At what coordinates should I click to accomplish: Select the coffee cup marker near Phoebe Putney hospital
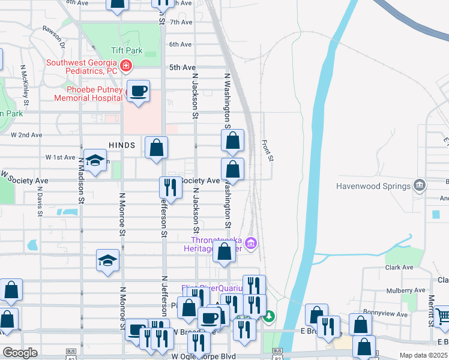click(139, 91)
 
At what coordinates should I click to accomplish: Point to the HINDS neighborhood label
click(124, 145)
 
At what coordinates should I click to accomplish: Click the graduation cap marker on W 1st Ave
click(95, 160)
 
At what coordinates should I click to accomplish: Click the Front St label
click(268, 151)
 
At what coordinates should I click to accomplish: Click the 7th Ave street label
click(181, 22)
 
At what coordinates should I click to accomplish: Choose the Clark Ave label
click(400, 268)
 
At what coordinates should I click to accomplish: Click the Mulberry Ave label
click(394, 290)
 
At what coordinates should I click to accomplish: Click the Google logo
click(20, 353)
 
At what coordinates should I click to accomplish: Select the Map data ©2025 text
click(423, 355)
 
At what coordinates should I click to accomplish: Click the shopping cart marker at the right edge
click(442, 316)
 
